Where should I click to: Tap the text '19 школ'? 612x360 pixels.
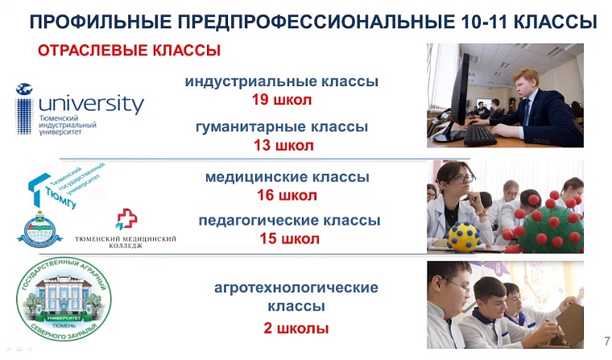[x=281, y=101]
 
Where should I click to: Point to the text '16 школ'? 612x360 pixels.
[x=287, y=195]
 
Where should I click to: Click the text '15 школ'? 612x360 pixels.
[x=289, y=239]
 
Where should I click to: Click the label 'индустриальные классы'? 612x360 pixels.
[x=281, y=82]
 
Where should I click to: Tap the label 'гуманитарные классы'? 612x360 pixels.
[x=282, y=127]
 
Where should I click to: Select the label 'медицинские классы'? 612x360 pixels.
[x=287, y=177]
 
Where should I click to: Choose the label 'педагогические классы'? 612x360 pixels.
[x=289, y=221]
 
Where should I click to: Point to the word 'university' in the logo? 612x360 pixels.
[x=91, y=104]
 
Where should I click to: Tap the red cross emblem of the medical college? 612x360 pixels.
[x=126, y=219]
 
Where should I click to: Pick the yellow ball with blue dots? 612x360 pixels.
[x=463, y=235]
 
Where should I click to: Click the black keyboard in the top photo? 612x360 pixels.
[x=481, y=134]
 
